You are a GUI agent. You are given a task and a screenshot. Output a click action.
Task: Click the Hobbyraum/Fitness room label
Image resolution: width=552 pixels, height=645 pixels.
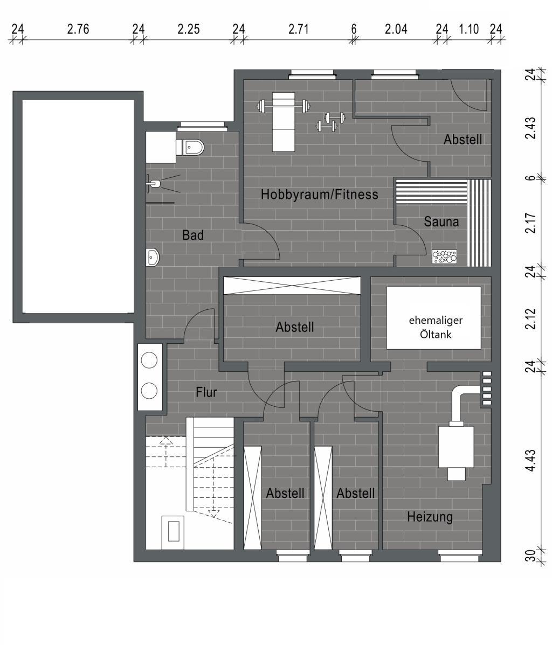[x=320, y=194]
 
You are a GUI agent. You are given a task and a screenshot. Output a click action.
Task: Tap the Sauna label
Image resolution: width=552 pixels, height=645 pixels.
[x=441, y=221]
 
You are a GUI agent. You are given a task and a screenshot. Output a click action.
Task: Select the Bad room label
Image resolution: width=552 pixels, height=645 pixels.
[x=192, y=235]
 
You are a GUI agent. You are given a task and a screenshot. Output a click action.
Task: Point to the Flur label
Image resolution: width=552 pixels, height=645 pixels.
[x=206, y=392]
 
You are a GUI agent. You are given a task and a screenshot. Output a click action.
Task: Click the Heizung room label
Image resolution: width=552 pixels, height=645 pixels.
[x=430, y=517]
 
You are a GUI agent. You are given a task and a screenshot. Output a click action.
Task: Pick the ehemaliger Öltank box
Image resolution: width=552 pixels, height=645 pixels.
[x=434, y=318]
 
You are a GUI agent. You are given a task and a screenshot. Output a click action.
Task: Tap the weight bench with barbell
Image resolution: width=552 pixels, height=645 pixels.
[x=283, y=121]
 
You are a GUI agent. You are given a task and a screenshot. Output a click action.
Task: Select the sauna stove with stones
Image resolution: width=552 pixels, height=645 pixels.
[x=444, y=256]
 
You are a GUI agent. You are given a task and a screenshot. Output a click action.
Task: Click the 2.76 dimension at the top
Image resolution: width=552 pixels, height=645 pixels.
[x=78, y=29]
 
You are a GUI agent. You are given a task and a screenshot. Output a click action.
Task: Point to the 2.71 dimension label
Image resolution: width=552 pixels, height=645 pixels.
[x=299, y=29]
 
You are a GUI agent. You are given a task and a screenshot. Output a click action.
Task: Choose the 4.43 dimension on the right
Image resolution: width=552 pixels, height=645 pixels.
[x=531, y=461]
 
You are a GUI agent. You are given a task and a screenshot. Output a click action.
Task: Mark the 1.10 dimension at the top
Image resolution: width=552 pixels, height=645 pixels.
[x=469, y=29]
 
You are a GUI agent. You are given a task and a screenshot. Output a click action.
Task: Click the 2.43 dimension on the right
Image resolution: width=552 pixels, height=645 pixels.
[x=531, y=128]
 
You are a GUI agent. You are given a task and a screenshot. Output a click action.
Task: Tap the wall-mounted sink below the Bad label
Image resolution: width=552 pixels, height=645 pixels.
[x=153, y=258]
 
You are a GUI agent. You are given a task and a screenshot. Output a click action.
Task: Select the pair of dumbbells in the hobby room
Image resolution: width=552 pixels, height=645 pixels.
[x=330, y=122]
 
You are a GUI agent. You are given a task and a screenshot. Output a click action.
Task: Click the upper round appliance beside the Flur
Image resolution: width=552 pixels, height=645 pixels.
[x=149, y=360]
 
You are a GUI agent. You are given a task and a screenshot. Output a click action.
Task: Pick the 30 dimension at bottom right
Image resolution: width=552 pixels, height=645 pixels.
[x=531, y=556]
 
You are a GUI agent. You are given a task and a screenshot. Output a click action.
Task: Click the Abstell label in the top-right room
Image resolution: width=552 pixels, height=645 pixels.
[x=463, y=140]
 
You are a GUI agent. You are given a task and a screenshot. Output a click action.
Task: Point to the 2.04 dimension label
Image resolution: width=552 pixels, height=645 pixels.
[x=396, y=29]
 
